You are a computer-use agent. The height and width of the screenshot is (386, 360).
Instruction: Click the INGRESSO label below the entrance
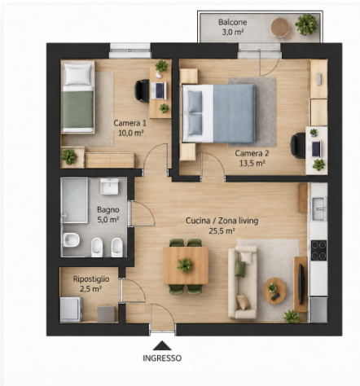[162, 358]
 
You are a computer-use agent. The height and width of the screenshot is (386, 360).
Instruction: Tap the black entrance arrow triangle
[162, 345]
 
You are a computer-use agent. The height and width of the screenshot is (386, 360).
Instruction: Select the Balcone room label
[233, 22]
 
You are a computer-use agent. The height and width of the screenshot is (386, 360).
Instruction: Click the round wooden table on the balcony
[280, 28]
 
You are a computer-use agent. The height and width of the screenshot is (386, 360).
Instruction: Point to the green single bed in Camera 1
[78, 97]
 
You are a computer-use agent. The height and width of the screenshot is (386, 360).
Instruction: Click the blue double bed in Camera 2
[219, 113]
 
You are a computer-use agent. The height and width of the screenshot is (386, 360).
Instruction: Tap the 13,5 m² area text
[252, 163]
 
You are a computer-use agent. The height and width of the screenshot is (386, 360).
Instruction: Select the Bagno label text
[108, 209]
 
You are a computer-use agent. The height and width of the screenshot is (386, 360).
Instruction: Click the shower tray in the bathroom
[74, 200]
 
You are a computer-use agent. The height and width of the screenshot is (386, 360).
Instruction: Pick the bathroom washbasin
[109, 186]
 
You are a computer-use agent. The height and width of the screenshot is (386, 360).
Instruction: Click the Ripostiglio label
[91, 279]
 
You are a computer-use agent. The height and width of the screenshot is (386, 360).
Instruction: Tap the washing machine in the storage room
[71, 309]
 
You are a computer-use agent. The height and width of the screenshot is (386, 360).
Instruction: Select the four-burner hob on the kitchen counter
[318, 250]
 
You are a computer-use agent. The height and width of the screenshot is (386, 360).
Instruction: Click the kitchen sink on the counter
[319, 208]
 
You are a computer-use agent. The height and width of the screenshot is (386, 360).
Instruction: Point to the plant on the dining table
[185, 265]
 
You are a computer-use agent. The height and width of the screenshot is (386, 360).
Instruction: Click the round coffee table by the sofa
[274, 291]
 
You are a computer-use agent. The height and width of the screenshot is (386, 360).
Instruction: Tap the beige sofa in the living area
[243, 282]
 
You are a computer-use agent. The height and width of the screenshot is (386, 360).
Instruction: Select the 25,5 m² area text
[222, 231]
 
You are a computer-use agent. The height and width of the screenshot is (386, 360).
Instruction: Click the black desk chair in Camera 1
[142, 90]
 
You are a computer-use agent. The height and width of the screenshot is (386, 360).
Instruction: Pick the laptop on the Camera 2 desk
[316, 149]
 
